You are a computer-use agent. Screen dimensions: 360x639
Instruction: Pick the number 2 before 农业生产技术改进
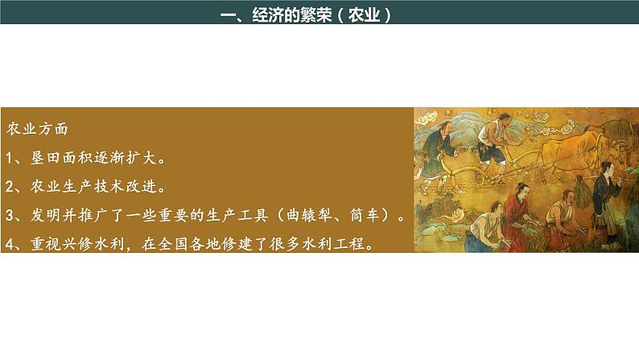click(x=10, y=187)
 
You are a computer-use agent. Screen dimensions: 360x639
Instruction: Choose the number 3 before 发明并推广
click(x=10, y=216)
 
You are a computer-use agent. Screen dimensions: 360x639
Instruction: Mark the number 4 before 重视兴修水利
click(x=10, y=244)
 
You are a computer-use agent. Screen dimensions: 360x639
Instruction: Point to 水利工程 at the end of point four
click(x=338, y=244)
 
